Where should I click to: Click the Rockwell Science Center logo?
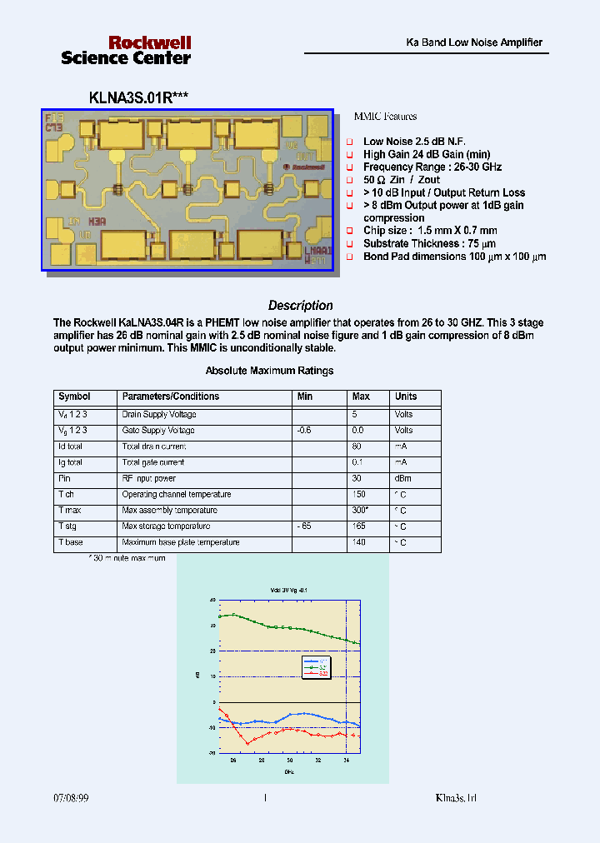pos(126,50)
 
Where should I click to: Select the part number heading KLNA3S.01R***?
pos(138,97)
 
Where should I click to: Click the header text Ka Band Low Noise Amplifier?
pos(473,42)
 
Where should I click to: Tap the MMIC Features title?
pos(385,117)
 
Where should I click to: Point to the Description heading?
pos(300,306)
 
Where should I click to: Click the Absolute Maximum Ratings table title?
pos(269,371)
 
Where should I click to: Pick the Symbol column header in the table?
pos(74,397)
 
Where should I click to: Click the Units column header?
pos(406,397)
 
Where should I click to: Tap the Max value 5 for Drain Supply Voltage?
pos(355,415)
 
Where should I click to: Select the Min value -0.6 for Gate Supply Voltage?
pos(305,431)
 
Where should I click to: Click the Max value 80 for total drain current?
pos(357,446)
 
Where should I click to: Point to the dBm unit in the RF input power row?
pos(403,479)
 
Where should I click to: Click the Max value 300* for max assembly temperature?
pos(360,511)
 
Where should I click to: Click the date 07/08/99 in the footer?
pos(71,798)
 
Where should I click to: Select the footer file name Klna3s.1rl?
pos(456,798)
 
